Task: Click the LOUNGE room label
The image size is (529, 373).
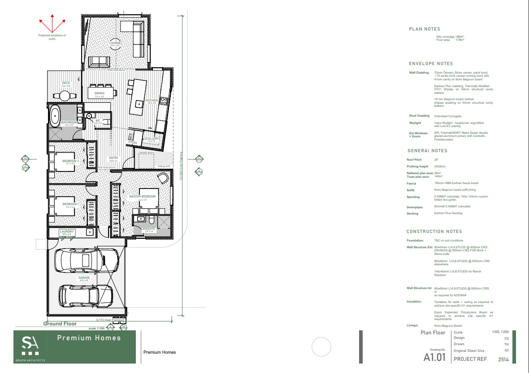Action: [x=116, y=43]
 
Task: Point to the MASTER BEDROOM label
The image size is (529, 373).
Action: [x=143, y=197]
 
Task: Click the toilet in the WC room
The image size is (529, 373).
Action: [x=89, y=116]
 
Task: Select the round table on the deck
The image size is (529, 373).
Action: [x=65, y=95]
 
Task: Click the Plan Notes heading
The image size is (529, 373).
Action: [x=425, y=29]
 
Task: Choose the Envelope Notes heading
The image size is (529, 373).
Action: [x=431, y=64]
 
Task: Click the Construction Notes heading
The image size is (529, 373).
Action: [x=434, y=232]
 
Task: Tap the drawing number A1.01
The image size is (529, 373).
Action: [x=434, y=357]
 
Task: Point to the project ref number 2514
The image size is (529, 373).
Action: [x=503, y=360]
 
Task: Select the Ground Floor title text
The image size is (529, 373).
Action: [x=60, y=324]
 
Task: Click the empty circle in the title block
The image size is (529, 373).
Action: [x=321, y=347]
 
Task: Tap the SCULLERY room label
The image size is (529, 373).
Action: [x=152, y=139]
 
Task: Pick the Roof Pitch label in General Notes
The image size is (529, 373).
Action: [x=413, y=160]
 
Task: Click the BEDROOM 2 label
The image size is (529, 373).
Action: [x=70, y=161]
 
